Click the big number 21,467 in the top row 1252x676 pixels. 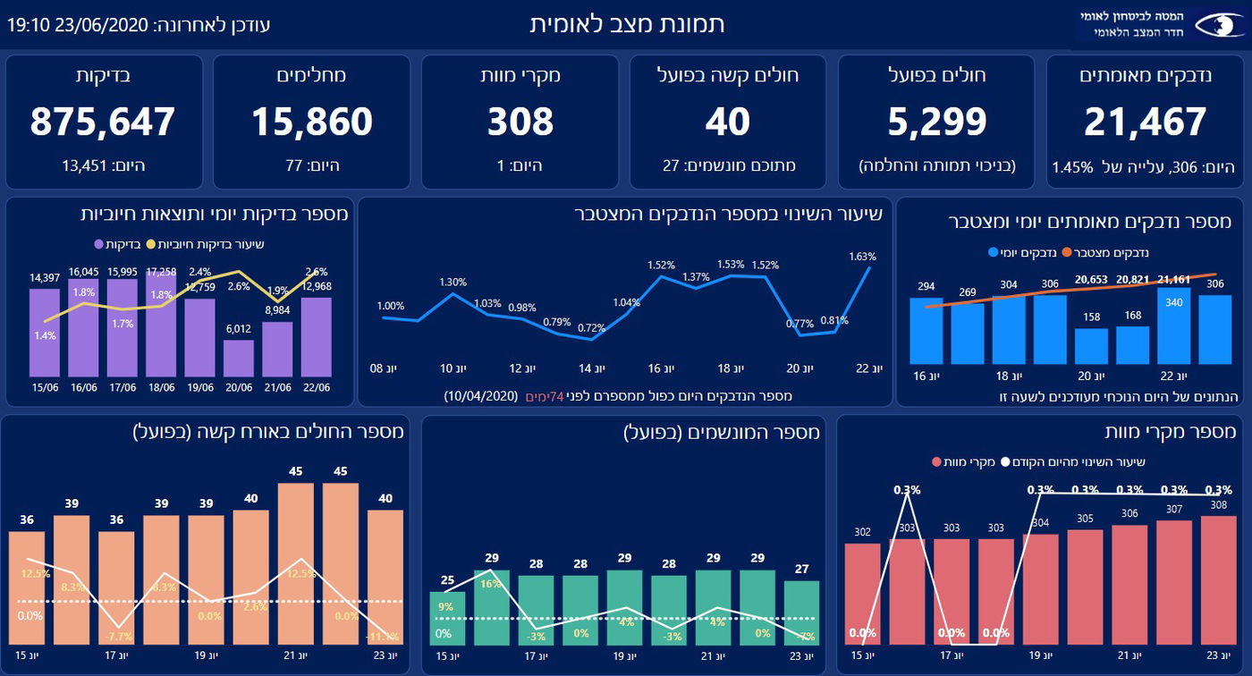(1146, 122)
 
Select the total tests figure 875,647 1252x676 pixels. (103, 122)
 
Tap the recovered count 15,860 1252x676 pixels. (311, 122)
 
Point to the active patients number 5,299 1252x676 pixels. (937, 122)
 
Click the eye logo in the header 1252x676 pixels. (1218, 24)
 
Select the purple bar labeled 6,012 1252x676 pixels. (238, 358)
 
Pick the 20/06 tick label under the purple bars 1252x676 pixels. (238, 387)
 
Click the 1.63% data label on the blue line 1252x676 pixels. (862, 257)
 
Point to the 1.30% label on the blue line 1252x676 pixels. (453, 282)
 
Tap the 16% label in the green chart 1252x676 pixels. (490, 584)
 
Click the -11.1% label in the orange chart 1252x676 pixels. (385, 636)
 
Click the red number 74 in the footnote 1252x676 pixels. (560, 395)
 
